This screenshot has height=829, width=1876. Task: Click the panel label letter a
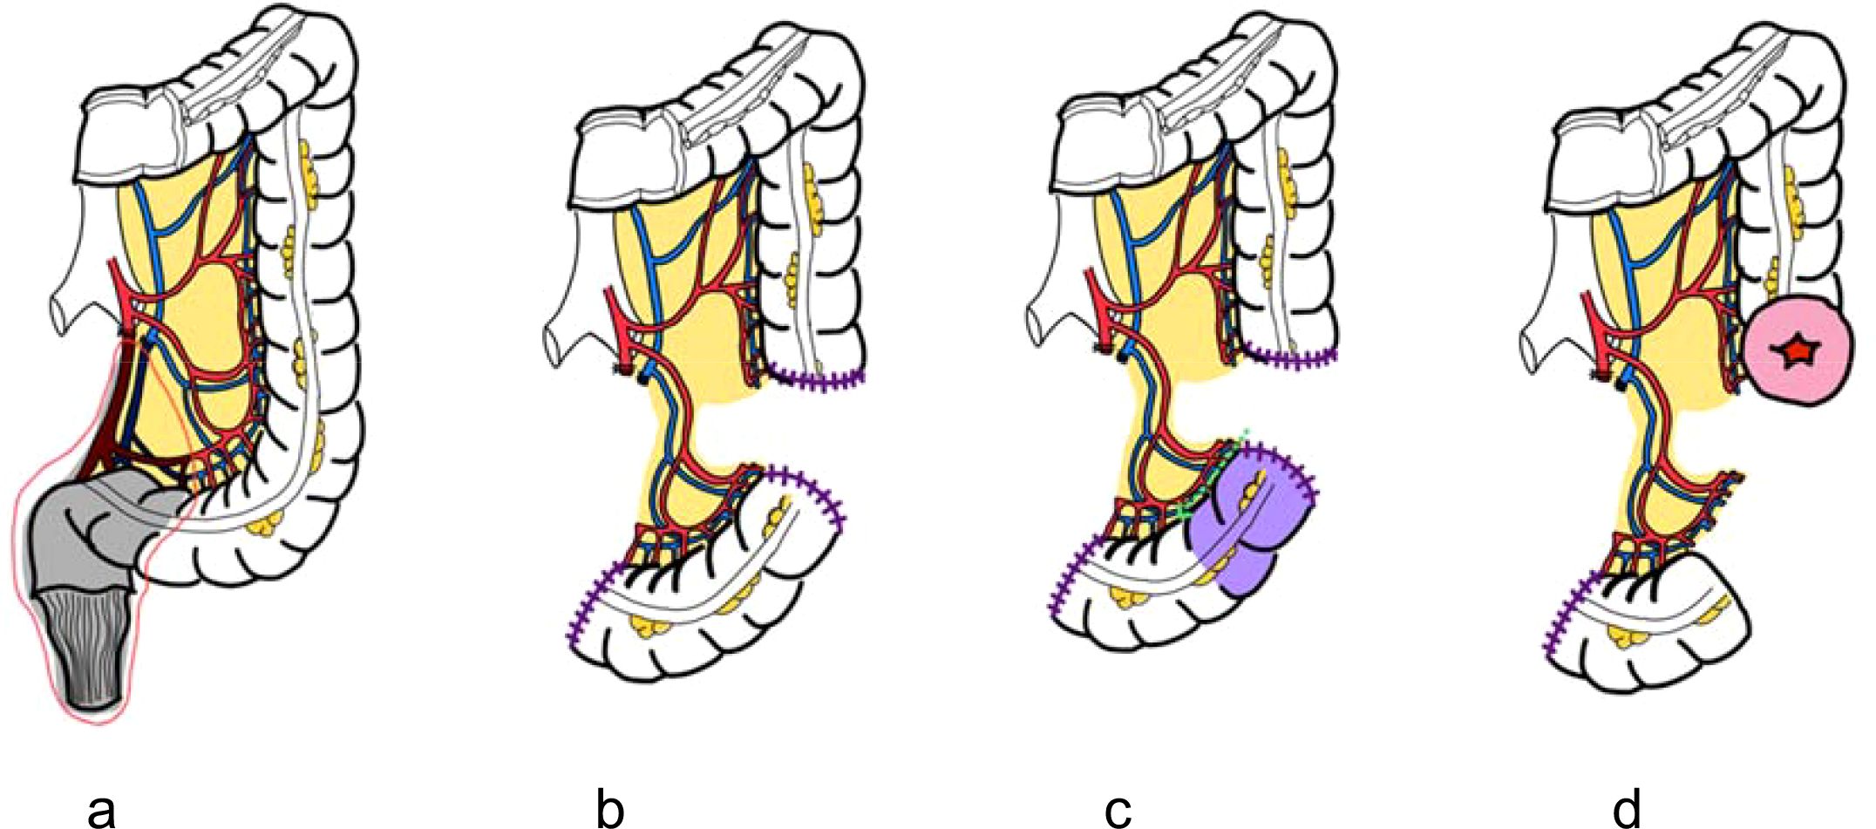pyautogui.click(x=102, y=810)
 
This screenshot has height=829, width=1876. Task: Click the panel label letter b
pyautogui.click(x=609, y=810)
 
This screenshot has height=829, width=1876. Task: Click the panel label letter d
pyautogui.click(x=1626, y=810)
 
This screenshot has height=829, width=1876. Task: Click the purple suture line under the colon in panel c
pyautogui.click(x=1290, y=357)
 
